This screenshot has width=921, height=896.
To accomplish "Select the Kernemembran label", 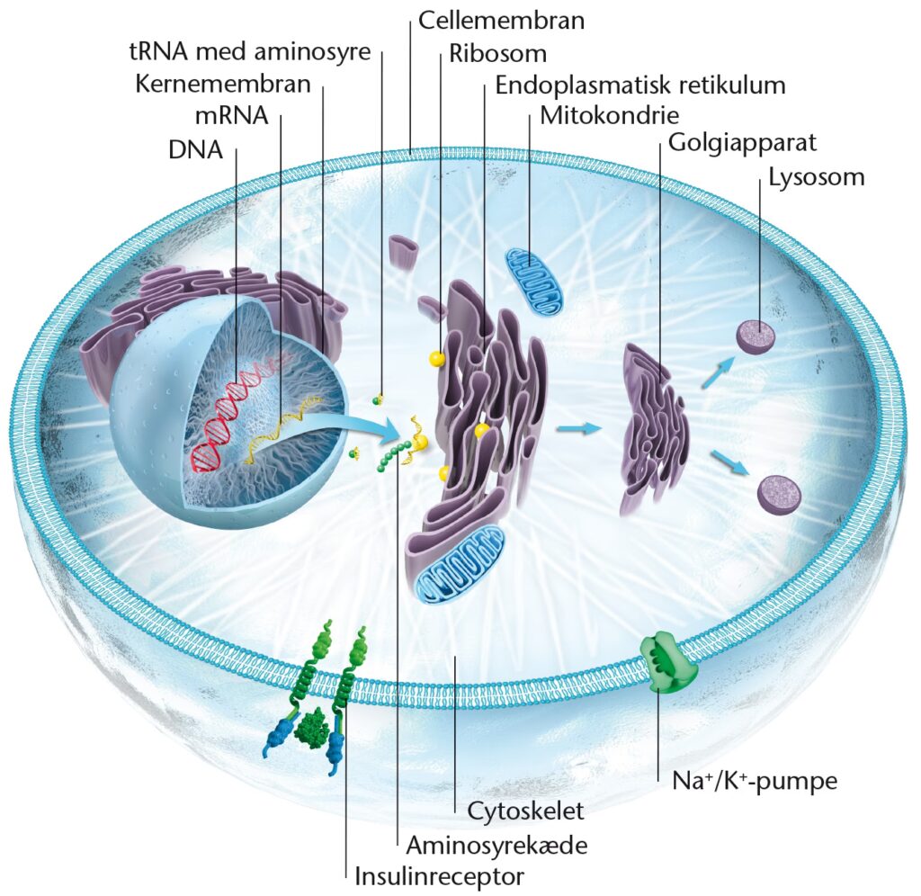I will [223, 85].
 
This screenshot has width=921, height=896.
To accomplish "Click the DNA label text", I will [195, 149].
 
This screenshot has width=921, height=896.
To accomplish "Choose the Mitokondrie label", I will [609, 117].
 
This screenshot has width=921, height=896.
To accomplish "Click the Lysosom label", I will [816, 176].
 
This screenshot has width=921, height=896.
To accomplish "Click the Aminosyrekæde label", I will [484, 844].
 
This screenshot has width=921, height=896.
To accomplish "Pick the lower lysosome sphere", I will [776, 494].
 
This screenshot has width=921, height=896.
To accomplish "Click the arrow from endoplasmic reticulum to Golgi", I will [577, 429].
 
